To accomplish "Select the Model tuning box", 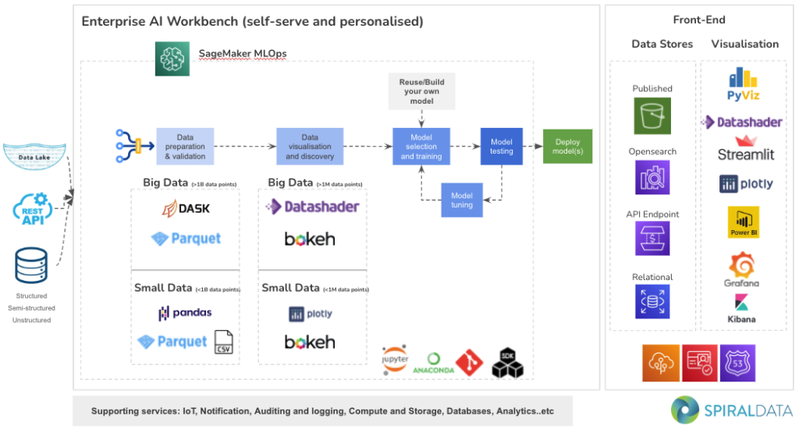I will pos(462,200).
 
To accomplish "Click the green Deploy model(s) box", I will pos(567,147).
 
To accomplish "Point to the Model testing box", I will pos(501,147).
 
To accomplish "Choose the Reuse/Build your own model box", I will pos(421,91).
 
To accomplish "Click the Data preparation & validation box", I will pos(185,146).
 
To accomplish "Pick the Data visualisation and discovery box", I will pos(309,146).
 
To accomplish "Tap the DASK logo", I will pos(186,208).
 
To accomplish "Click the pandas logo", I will pos(186,313).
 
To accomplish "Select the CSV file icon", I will pos(224,342).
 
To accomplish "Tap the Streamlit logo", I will pos(746,148).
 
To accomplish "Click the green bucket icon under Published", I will pos(652,116).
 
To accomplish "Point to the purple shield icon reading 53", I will pos(737,364).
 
